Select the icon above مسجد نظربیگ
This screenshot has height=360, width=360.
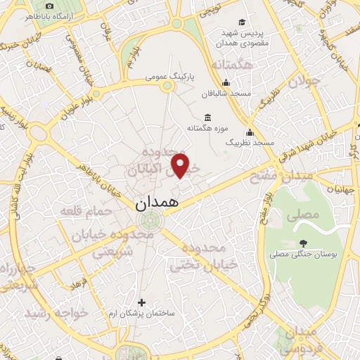tap(249, 131)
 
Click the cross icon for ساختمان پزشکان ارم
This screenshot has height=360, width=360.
tap(142, 302)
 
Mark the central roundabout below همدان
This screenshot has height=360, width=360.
tap(148, 221)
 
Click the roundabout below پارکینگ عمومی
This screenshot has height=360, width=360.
tap(167, 86)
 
